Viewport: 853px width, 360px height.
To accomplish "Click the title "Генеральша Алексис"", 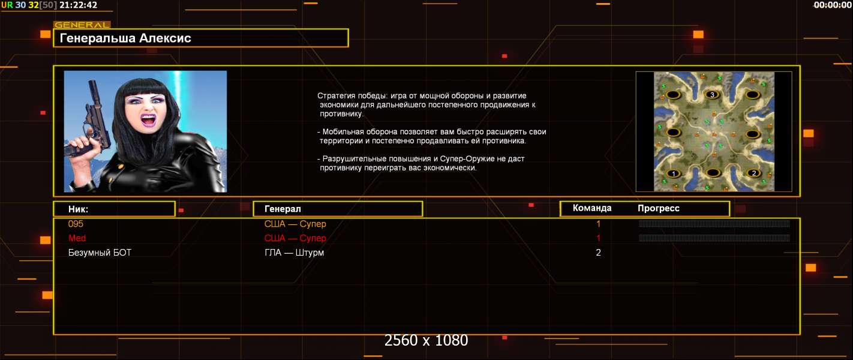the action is [x=125, y=38].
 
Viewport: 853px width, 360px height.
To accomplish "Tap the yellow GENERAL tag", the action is [x=82, y=25].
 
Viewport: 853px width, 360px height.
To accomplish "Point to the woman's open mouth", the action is [x=149, y=119].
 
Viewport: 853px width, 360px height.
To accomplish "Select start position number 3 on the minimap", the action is [x=712, y=94].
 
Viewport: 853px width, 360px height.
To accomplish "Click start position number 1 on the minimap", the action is [x=673, y=173].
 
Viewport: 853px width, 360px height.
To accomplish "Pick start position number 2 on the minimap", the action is [x=753, y=173].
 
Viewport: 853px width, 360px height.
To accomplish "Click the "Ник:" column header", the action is [x=78, y=209].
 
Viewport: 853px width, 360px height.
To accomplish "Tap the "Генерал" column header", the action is [x=283, y=209].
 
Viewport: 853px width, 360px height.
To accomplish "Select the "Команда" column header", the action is [x=592, y=208].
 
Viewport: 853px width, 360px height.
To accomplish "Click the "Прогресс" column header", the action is [x=659, y=208].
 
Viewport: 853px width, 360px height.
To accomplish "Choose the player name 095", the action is [x=76, y=224].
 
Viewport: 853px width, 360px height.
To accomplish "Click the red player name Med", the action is [x=77, y=238].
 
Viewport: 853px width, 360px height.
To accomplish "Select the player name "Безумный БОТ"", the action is [x=100, y=253].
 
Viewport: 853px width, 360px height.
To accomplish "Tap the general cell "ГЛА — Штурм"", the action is [x=294, y=253].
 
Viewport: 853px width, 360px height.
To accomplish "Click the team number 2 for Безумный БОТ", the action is [x=598, y=253].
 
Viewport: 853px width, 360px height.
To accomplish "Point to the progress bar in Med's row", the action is [x=714, y=238].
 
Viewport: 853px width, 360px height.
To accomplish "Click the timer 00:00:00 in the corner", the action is [x=833, y=5].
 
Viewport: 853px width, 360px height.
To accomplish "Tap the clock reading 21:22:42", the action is [x=79, y=5].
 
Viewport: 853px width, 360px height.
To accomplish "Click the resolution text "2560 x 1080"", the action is [x=426, y=340].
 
